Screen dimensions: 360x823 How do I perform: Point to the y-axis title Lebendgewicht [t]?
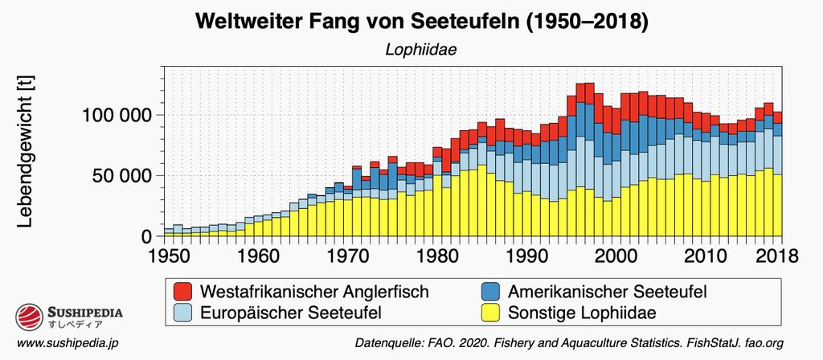tap(25, 152)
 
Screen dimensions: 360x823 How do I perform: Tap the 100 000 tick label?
tap(117, 115)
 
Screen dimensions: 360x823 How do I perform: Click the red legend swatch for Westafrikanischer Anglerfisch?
tap(183, 291)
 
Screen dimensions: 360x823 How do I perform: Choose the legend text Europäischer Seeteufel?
tap(290, 312)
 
